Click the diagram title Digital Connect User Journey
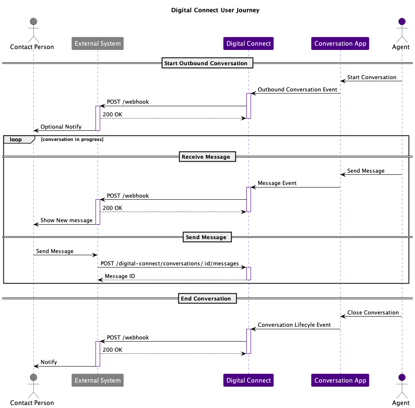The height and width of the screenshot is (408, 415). [x=215, y=10]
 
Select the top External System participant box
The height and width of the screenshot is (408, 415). [x=98, y=44]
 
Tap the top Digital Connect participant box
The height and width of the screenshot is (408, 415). [x=248, y=44]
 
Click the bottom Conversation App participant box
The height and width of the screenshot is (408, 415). [x=340, y=380]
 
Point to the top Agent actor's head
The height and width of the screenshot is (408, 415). [x=401, y=21]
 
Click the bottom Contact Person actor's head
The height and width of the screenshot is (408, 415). [x=33, y=377]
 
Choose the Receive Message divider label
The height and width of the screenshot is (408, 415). [x=206, y=157]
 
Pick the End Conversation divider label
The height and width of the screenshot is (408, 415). [x=206, y=298]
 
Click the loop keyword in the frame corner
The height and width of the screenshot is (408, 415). [x=16, y=140]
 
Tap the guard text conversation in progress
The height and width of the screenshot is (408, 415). [x=72, y=139]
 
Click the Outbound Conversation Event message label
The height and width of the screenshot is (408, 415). [x=297, y=90]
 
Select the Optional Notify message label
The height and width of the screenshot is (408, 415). [x=61, y=127]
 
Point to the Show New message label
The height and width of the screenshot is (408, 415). [x=66, y=221]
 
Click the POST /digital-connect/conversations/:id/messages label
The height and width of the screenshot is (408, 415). [x=169, y=264]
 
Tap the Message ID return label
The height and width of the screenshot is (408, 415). [x=120, y=276]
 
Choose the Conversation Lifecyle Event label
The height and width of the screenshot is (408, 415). [x=294, y=325]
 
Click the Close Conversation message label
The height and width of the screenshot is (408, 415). [x=373, y=313]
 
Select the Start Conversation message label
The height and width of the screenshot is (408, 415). [x=371, y=77]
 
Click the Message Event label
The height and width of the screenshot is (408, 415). [x=277, y=183]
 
